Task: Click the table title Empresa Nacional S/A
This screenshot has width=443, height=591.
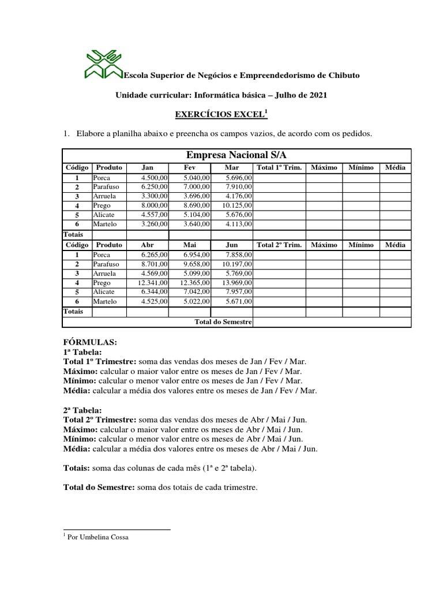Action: point(236,155)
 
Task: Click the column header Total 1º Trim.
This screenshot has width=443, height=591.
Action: point(279,167)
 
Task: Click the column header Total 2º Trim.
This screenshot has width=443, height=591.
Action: point(279,245)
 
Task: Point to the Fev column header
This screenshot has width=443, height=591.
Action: point(190,167)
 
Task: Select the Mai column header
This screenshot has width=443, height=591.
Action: point(190,245)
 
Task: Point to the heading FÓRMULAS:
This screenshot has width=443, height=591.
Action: point(90,342)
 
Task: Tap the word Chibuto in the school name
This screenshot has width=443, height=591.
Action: point(344,76)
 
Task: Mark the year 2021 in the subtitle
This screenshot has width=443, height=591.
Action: point(317,95)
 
